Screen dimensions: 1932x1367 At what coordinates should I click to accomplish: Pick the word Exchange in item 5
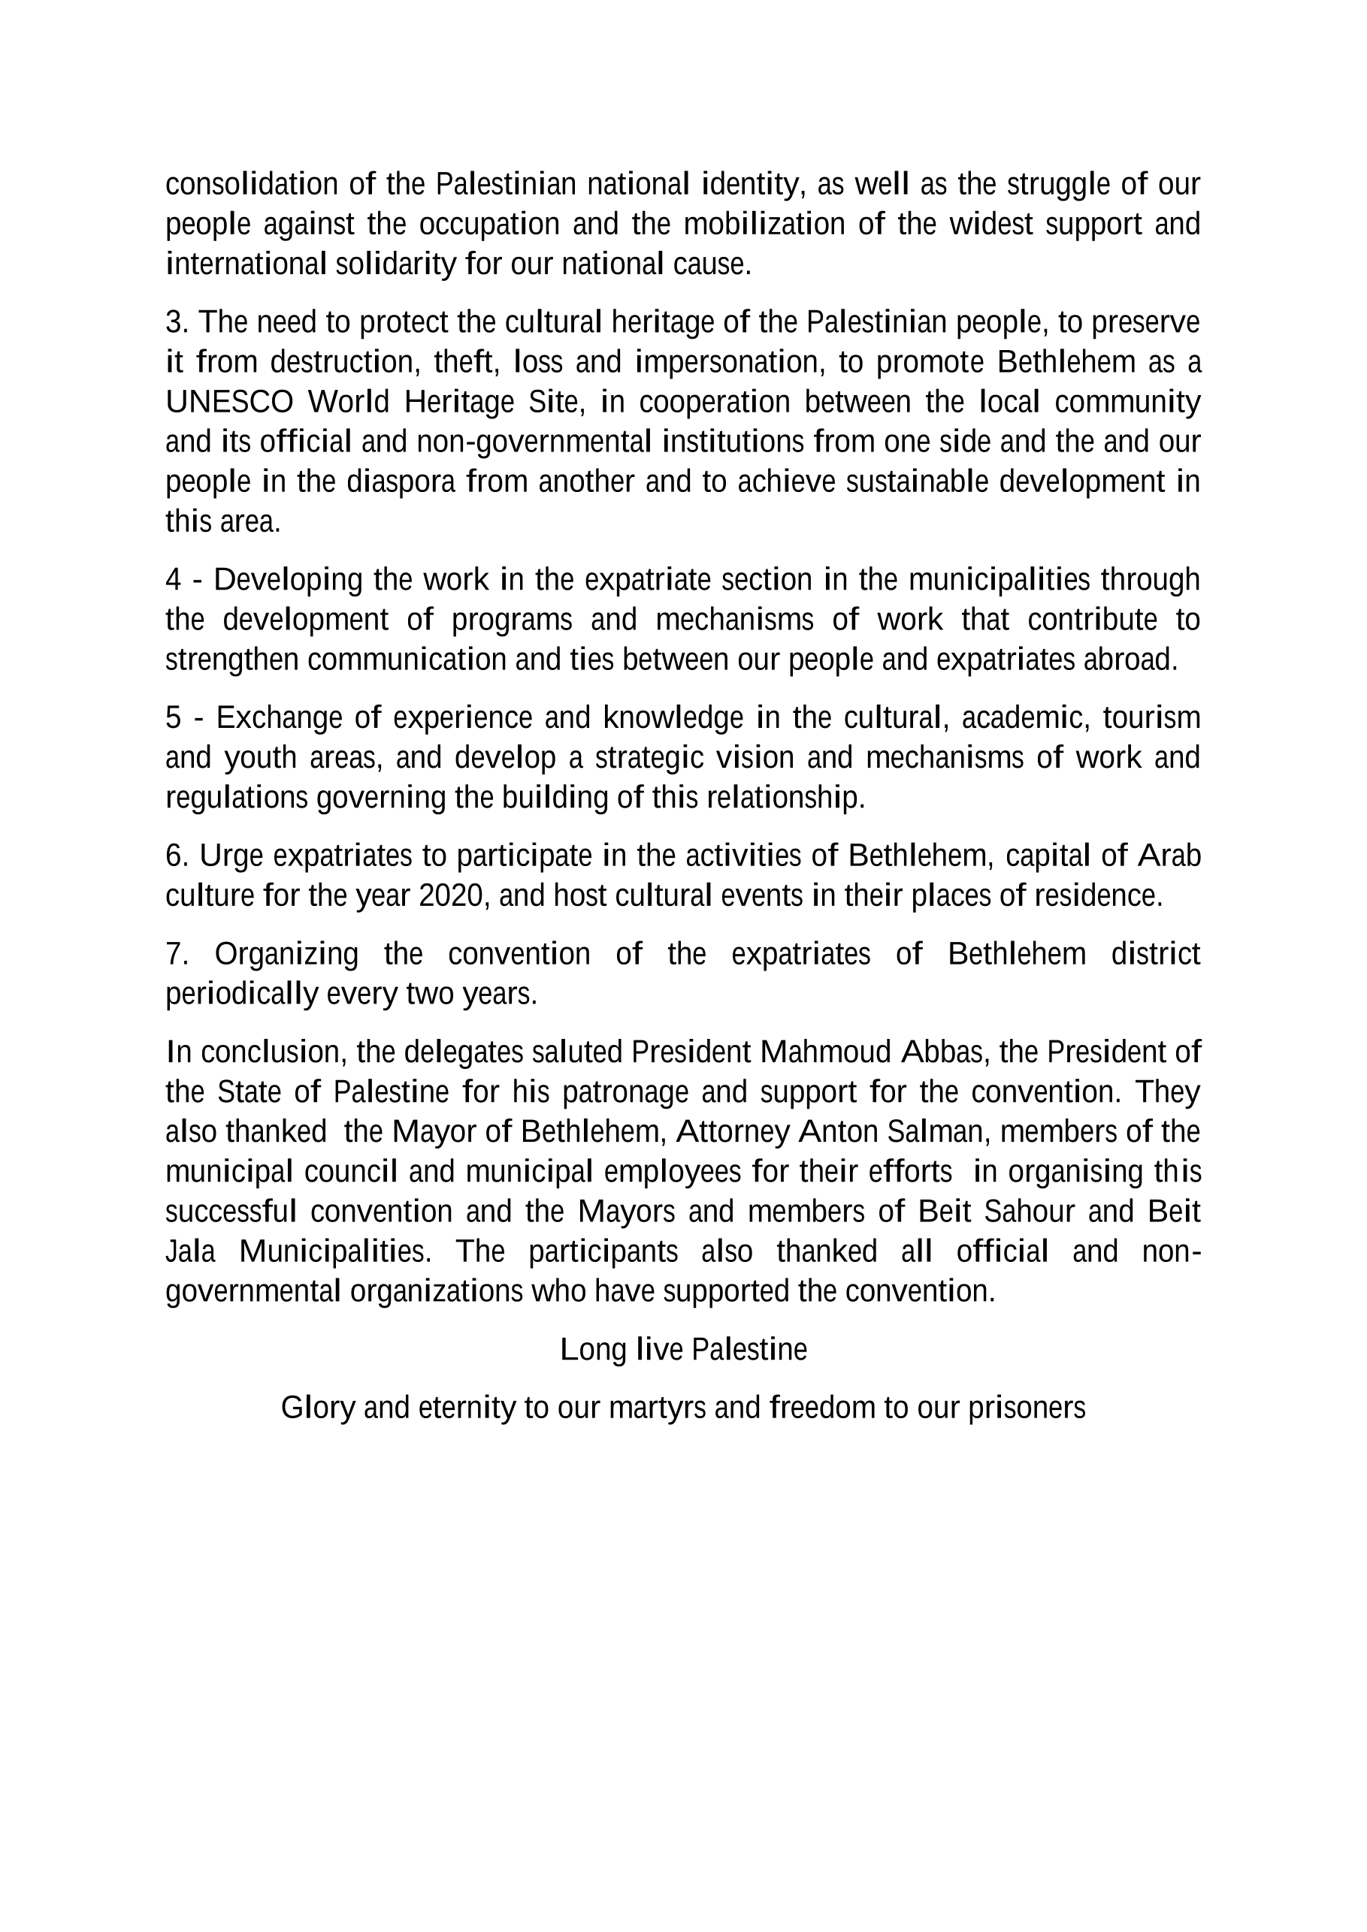(278, 718)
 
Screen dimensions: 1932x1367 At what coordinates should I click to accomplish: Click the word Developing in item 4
(287, 579)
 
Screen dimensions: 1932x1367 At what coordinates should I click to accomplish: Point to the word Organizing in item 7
(286, 954)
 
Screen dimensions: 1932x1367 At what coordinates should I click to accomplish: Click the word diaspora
(400, 482)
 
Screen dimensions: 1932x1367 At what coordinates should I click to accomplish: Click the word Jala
(190, 1251)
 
